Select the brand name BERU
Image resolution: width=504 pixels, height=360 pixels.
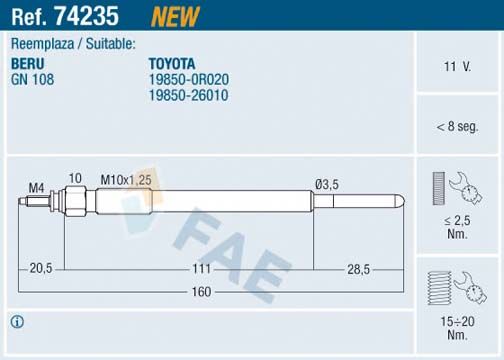pos(28,62)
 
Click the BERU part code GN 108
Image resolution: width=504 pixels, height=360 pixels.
pos(31,77)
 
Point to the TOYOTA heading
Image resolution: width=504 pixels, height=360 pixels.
pos(172,62)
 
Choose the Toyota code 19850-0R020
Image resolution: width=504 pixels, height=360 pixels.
pos(189,77)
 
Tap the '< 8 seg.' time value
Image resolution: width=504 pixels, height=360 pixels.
pos(456,127)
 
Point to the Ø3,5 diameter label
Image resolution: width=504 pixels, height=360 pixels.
pos(326,182)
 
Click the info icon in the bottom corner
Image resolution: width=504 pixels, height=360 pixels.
pos(16,321)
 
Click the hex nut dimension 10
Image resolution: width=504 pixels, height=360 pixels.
pos(74,178)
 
